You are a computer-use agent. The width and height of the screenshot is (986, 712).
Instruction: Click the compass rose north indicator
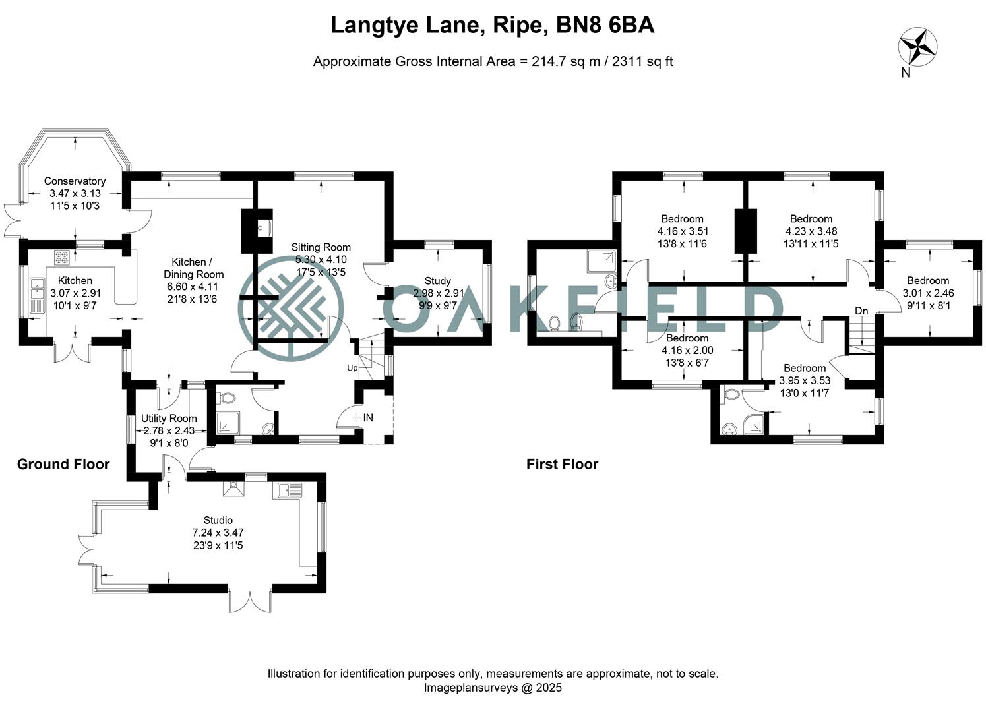pos(917,47)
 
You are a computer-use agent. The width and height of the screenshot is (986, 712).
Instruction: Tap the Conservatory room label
pos(75,181)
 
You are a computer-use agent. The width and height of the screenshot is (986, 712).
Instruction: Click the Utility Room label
pos(169,418)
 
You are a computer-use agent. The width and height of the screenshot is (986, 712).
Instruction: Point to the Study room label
pos(437,281)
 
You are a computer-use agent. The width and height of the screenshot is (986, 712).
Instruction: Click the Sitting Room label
pos(321,247)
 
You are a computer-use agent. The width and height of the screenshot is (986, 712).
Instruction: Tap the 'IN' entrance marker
pos(367,417)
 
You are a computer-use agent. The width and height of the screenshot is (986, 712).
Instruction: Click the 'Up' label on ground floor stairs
pos(352,368)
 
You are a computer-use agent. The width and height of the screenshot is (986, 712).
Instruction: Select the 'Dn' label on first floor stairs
pos(861,311)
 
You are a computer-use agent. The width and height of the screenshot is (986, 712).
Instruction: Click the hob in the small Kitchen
pos(61,256)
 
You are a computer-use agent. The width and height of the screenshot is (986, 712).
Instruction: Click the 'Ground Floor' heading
pos(63,464)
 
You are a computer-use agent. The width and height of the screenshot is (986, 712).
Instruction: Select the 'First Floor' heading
pos(562,464)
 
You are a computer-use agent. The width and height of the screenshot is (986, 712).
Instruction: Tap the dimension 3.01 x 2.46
pos(928,293)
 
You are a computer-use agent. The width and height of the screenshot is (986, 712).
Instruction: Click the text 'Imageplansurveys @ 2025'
pos(493,688)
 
